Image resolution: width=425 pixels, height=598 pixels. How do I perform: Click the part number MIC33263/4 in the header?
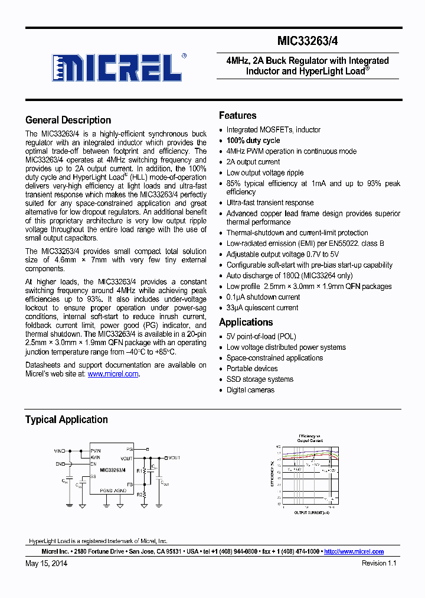307,41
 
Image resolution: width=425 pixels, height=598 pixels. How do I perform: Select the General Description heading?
68,120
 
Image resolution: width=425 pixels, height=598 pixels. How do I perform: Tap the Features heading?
237,115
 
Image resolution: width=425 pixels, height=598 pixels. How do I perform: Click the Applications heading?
246,322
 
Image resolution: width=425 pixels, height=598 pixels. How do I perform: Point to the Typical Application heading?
66,420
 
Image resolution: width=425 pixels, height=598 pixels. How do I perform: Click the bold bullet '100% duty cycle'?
253,141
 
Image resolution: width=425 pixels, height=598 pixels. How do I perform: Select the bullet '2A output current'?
253,162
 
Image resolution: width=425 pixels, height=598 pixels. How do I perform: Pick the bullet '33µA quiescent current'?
262,308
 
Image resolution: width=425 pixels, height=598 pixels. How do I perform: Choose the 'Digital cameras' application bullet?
250,390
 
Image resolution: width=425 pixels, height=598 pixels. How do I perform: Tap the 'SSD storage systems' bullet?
260,379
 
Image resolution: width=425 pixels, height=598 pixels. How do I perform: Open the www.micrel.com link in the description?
113,374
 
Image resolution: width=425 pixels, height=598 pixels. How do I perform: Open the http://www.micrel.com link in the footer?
354,551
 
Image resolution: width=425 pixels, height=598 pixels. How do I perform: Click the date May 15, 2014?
46,563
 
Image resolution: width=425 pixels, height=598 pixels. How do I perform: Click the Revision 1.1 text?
379,563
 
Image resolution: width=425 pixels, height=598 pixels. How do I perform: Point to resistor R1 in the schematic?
139,472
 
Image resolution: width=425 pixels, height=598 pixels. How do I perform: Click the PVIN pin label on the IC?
96,450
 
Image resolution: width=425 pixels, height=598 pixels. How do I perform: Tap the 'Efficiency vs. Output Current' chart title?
310,438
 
